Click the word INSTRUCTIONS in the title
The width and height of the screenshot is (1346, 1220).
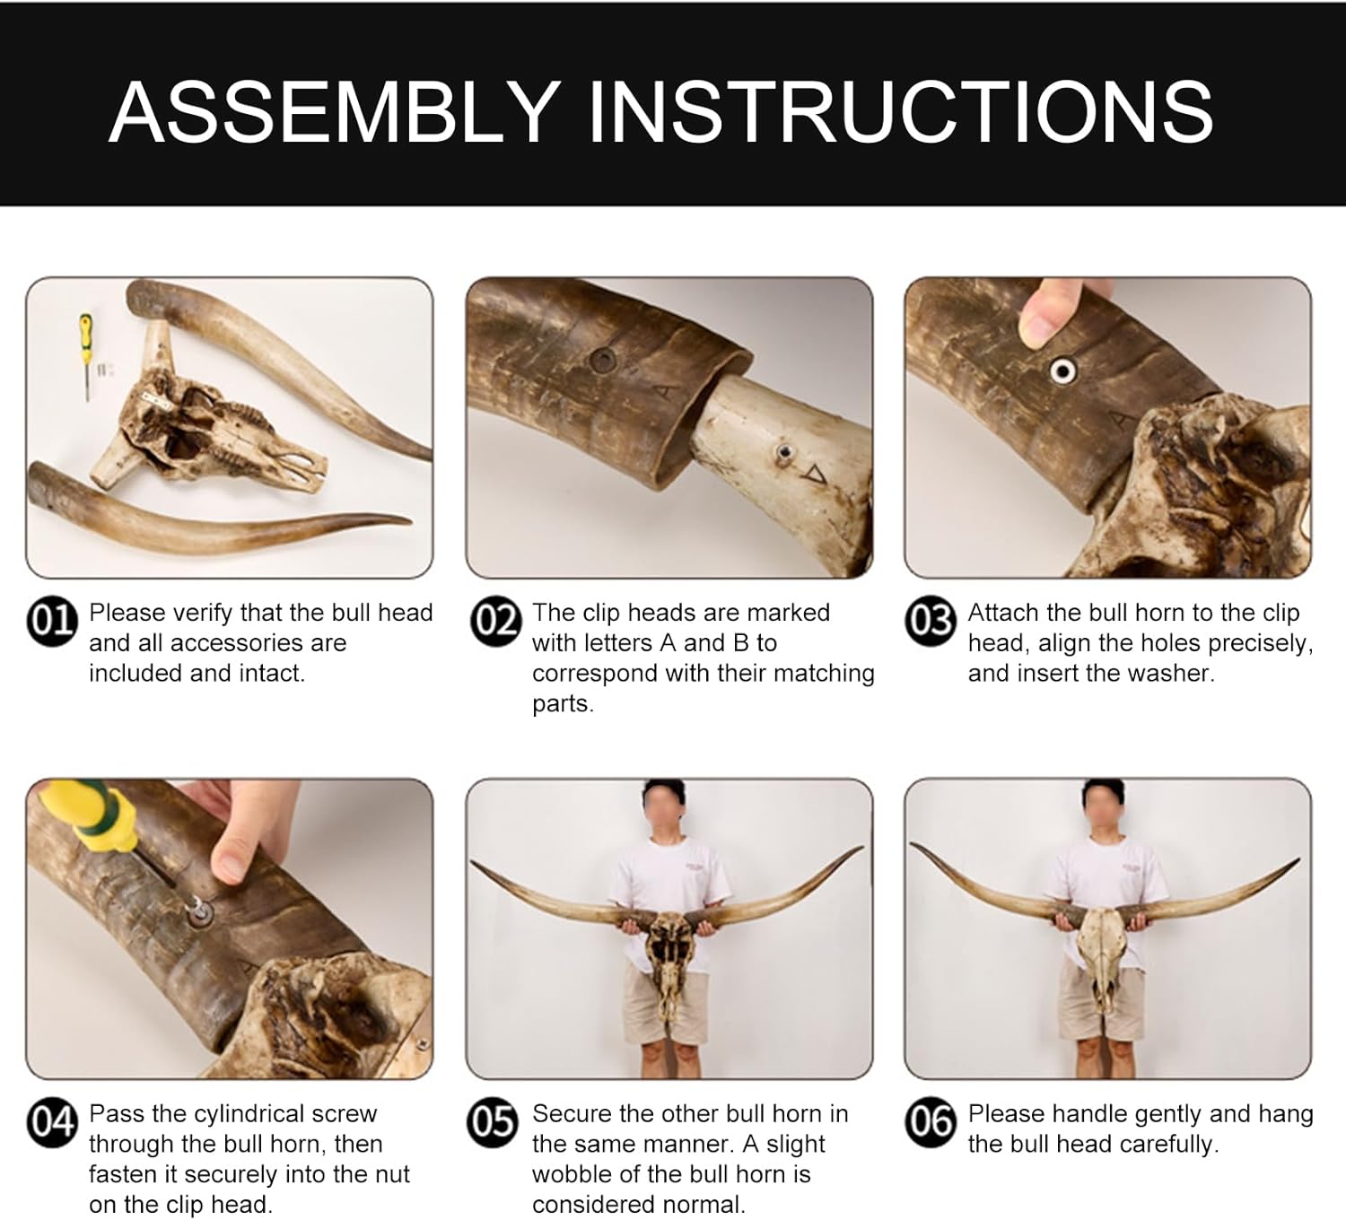pyautogui.click(x=900, y=112)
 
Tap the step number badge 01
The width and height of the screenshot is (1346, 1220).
pyautogui.click(x=52, y=621)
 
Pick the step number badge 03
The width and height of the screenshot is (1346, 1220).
pyautogui.click(x=931, y=621)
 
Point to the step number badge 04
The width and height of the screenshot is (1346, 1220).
pyautogui.click(x=52, y=1122)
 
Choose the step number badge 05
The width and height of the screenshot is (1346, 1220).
pyautogui.click(x=494, y=1122)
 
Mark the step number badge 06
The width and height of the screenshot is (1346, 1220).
pyautogui.click(x=931, y=1122)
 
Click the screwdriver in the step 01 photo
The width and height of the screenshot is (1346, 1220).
pyautogui.click(x=86, y=356)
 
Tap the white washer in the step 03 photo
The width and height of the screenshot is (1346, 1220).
pyautogui.click(x=1062, y=370)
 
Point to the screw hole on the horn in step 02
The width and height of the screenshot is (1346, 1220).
pyautogui.click(x=602, y=361)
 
